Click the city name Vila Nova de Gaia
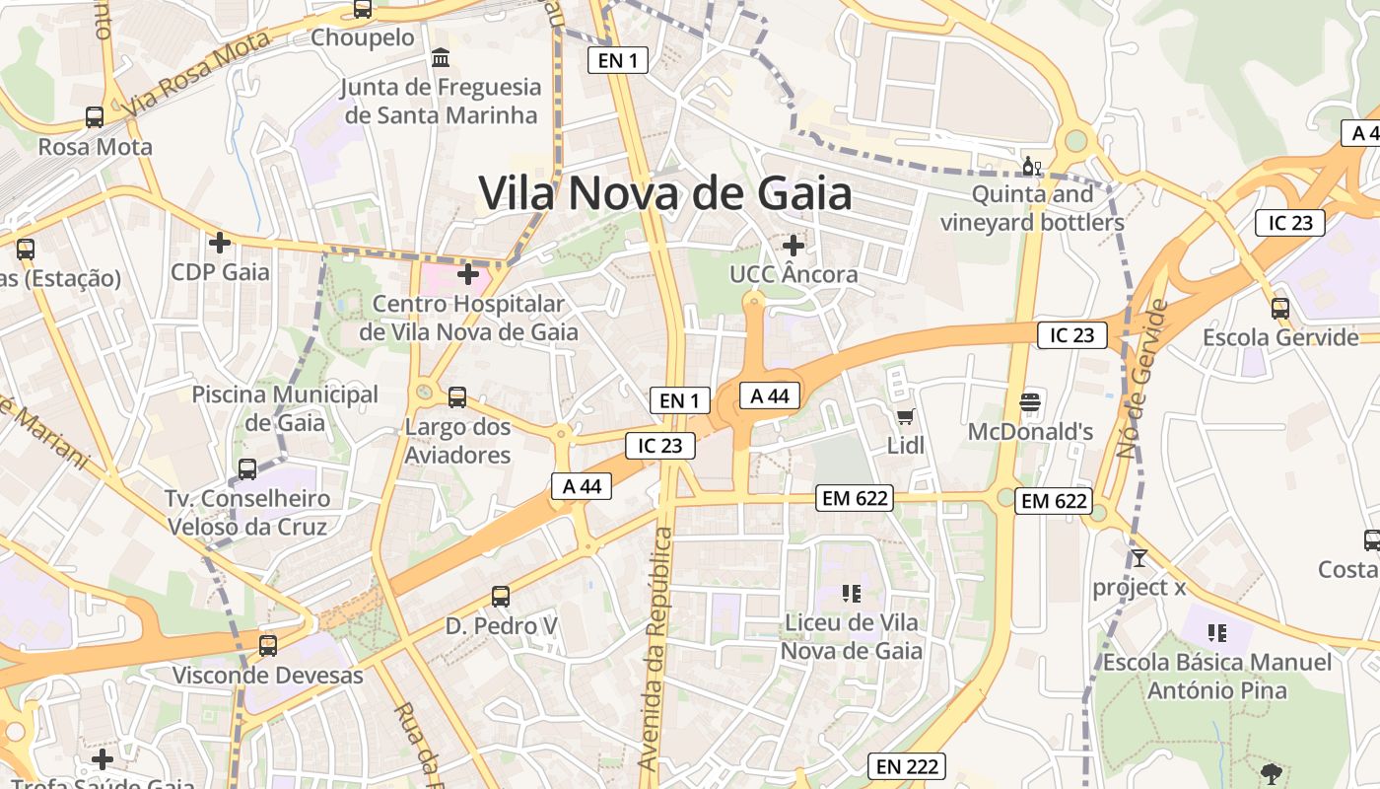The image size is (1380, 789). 665,192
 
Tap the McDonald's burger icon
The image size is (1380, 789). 1030,401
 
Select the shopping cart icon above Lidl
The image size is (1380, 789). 905,416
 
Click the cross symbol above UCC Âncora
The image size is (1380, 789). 793,245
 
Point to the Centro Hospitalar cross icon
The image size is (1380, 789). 468,273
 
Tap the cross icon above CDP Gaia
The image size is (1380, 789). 220,242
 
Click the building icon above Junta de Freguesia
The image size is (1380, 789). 441,57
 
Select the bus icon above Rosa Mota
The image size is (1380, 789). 95,116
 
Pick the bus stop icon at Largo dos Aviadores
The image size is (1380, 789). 457,397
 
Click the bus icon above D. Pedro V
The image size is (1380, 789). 501,597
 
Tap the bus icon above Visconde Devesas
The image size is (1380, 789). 267,646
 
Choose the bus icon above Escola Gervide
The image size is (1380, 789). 1280,308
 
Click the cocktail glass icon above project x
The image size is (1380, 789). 1138,558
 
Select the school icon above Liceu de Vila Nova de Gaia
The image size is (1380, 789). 852,593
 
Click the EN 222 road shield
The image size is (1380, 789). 907,766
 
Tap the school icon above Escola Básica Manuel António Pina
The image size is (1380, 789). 1217,632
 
